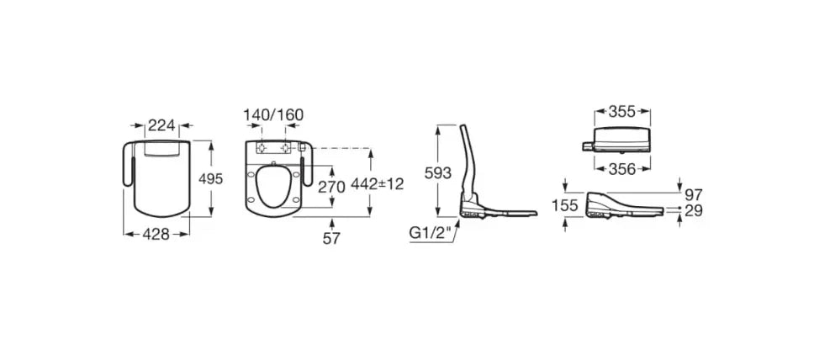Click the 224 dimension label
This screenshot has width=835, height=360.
click(161, 125)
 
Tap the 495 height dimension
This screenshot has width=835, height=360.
click(210, 179)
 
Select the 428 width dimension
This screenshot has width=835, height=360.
click(156, 234)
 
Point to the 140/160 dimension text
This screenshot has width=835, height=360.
click(273, 114)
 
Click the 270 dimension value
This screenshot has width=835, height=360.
click(331, 187)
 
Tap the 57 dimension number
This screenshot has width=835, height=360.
click(331, 239)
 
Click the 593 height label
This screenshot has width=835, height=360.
click(437, 172)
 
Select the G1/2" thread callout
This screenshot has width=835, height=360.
click(430, 233)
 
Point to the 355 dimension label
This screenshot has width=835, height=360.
click(621, 112)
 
